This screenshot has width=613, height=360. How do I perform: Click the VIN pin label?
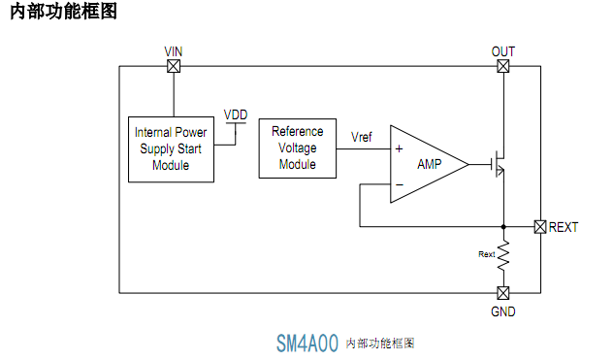pos(174,50)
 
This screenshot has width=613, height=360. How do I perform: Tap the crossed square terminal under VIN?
pos(174,66)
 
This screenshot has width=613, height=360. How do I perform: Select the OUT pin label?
pos(503,50)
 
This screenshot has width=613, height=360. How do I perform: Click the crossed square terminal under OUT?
pos(503,66)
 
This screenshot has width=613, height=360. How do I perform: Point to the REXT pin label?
pos(564,227)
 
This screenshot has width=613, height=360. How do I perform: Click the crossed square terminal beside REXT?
pos(540,227)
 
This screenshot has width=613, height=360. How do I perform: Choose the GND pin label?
pos(503,311)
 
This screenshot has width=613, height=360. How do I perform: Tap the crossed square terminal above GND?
pos(503,293)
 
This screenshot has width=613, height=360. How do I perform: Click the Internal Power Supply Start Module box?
pos(171,149)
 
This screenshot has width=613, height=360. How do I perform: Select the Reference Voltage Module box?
pos(298,147)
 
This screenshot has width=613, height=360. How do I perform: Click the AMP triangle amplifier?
pos(428,164)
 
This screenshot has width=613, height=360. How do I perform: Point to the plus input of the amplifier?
pos(399,149)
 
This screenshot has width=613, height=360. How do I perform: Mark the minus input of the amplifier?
pos(399,183)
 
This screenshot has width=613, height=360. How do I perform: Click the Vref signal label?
pos(362,137)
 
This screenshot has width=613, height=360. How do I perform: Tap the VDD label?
pos(236,114)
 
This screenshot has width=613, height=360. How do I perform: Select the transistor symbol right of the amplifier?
pos(499,163)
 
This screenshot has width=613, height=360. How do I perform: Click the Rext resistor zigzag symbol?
pos(503,255)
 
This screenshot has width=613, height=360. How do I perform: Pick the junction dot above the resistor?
pos(503,227)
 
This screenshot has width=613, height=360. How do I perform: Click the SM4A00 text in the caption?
pos(307,344)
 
